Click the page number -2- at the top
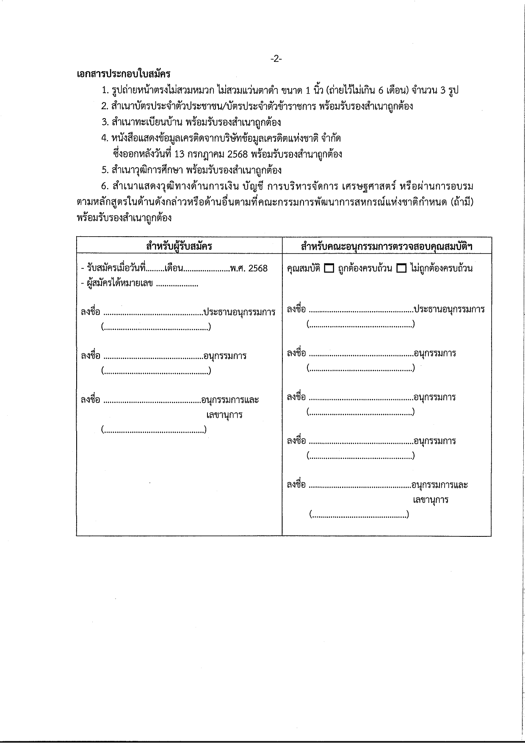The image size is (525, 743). pos(276,59)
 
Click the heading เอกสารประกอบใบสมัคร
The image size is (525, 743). pos(124,74)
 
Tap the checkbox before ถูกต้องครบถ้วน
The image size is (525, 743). pos(329,268)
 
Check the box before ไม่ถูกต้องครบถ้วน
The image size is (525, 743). pos(401,268)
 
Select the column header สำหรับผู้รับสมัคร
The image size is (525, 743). pos(179,246)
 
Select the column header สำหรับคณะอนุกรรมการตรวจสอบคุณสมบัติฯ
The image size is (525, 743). pos(387,246)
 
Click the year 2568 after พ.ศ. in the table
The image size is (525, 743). pos(258,268)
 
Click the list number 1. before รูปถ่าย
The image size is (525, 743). pos(105,90)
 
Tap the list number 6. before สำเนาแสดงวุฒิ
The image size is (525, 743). pos(105,186)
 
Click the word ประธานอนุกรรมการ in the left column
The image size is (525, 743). pos(239,312)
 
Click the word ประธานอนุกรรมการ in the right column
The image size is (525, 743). pos(449,309)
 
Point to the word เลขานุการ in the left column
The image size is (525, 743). pos(224,414)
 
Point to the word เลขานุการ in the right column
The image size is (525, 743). pos(431,500)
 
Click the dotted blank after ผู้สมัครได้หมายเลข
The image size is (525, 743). pos(177,284)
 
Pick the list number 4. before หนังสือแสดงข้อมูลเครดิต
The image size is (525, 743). pos(105,138)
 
